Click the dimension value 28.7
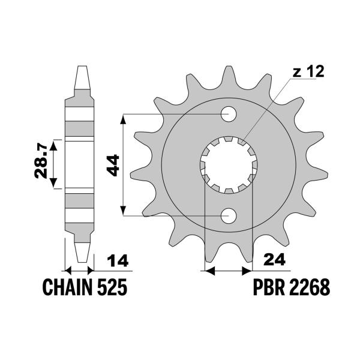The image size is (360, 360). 40,163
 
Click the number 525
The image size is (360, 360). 112,289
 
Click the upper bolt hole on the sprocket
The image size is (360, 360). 229,113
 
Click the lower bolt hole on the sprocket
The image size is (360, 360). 229,215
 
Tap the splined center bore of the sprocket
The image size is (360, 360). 229,164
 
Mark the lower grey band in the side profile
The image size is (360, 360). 81,201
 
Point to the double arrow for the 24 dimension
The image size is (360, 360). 229,272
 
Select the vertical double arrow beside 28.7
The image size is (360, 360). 54,163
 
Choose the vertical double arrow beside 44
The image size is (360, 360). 124,164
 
